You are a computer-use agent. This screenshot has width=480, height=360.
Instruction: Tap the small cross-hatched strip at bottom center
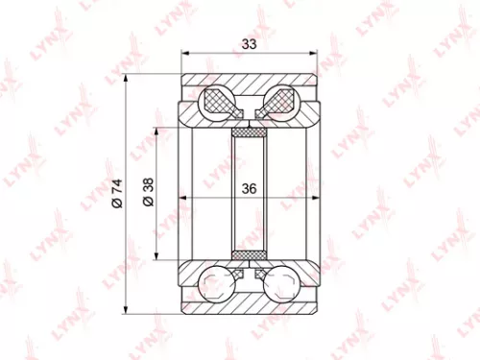[x=250, y=254]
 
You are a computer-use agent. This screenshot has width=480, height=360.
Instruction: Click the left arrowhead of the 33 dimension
[x=185, y=54]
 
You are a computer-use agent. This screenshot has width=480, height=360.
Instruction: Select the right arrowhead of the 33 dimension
[x=314, y=54]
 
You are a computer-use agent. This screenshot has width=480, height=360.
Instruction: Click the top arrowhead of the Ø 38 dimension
[x=156, y=129]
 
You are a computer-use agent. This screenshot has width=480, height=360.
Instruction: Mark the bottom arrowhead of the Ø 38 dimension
[x=156, y=254]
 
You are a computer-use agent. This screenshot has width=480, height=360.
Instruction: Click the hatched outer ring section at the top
[x=250, y=81]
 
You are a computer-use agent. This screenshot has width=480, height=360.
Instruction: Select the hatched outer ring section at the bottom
[x=250, y=302]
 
